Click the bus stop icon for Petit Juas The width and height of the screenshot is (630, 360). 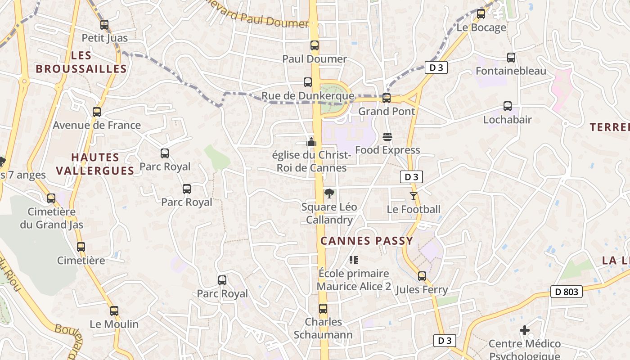click(x=104, y=25)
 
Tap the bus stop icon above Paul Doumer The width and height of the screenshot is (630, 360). click(x=315, y=45)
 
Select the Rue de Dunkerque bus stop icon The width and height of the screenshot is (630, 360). click(x=308, y=82)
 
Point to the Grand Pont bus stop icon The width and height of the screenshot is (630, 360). click(x=387, y=98)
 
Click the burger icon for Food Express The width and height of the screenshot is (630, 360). click(x=387, y=136)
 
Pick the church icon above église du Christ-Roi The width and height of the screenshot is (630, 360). click(x=311, y=142)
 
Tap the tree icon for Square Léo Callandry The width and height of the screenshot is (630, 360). click(x=329, y=193)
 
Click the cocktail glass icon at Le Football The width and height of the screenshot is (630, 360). click(x=414, y=196)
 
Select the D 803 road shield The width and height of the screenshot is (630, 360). click(x=566, y=292)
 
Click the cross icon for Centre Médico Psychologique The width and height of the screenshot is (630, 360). click(x=525, y=331)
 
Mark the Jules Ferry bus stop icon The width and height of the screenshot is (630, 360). click(x=422, y=276)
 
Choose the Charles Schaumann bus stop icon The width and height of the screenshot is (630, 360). click(x=323, y=309)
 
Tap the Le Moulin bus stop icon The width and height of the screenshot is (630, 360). click(x=114, y=311)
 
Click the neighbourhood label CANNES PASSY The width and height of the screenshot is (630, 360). click(x=367, y=241)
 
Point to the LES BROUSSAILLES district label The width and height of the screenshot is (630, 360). click(x=81, y=62)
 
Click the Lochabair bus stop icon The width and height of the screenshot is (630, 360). click(x=508, y=106)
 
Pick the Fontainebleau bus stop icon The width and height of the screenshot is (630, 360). click(x=511, y=58)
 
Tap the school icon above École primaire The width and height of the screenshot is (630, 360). click(x=354, y=260)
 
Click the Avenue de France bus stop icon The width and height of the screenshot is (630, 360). click(x=97, y=112)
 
